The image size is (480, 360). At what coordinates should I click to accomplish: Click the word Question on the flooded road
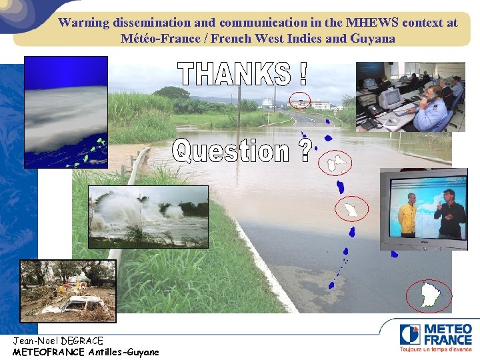click(x=231, y=151)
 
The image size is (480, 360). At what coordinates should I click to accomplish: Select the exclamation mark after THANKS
click(x=303, y=74)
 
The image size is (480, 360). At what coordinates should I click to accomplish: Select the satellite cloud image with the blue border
click(x=65, y=112)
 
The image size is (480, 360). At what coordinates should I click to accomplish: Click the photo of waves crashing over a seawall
click(x=148, y=216)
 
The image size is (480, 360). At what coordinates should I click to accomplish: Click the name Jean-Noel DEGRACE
click(x=58, y=341)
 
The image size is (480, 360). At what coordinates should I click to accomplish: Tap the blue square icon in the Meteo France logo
click(x=410, y=334)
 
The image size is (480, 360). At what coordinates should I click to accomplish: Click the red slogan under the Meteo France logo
click(x=435, y=349)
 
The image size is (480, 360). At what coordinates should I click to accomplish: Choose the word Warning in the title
click(x=83, y=22)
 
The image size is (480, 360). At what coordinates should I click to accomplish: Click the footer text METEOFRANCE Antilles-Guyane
click(x=85, y=351)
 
